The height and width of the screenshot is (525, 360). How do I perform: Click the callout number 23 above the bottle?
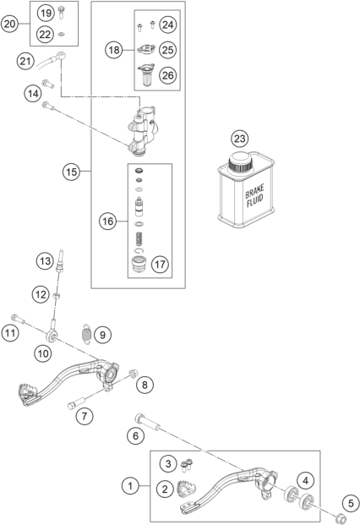tap(239, 139)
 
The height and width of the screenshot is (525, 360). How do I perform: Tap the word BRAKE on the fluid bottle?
tap(254, 191)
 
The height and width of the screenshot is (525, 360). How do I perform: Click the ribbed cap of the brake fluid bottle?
tap(239, 161)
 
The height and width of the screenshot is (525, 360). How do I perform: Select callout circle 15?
tap(71, 172)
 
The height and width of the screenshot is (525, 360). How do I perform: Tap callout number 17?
tap(160, 265)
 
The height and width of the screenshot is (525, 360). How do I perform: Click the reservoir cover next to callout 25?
tap(145, 49)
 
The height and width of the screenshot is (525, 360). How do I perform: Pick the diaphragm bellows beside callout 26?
tap(146, 75)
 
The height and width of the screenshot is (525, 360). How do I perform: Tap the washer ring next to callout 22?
tap(62, 34)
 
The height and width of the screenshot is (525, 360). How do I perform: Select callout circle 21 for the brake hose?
tap(26, 62)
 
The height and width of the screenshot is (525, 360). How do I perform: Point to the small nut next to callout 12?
tap(57, 296)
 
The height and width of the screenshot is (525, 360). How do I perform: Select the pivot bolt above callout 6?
tap(147, 423)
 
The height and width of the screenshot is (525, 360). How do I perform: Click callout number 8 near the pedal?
tap(145, 385)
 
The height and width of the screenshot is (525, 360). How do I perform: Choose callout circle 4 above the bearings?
tap(305, 481)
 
